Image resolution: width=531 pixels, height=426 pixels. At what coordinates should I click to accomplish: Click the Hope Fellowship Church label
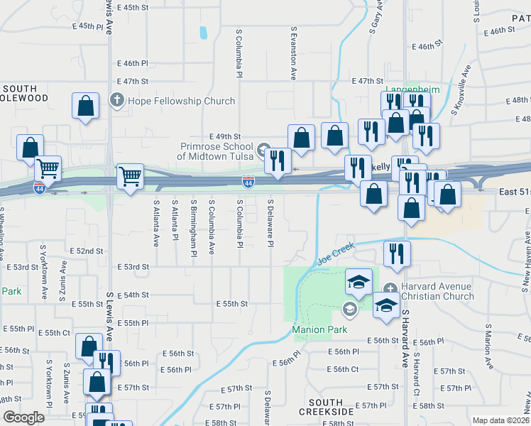[180, 101]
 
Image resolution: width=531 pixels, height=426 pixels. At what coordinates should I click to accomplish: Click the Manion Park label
[319, 329]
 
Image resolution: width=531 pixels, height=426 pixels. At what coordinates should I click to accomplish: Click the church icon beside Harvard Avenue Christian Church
[390, 288]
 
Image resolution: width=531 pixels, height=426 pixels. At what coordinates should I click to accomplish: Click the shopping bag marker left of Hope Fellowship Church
[85, 106]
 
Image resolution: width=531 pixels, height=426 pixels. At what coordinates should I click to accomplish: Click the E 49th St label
[226, 136]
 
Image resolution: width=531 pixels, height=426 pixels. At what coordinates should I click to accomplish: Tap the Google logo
[24, 417]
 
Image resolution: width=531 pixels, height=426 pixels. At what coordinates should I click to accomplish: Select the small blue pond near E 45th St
[204, 32]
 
